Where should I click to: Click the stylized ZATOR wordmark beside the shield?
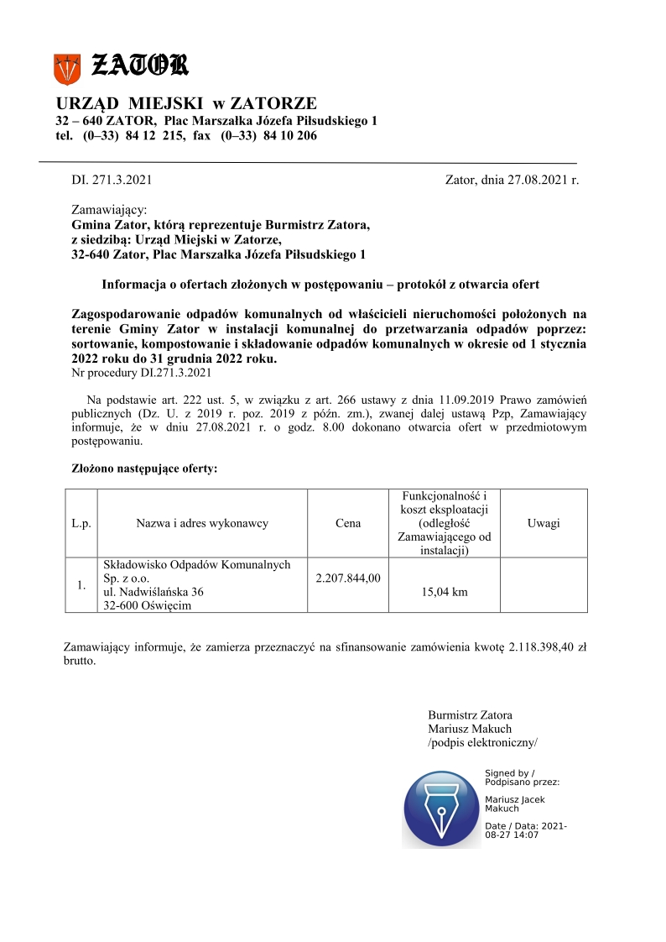(x=139, y=65)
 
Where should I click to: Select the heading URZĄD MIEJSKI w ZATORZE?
(x=186, y=103)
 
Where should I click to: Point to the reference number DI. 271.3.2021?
(x=112, y=180)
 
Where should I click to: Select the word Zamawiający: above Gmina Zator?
(x=110, y=209)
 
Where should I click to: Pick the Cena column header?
(x=348, y=523)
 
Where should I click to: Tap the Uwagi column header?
(x=544, y=523)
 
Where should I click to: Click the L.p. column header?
(x=81, y=523)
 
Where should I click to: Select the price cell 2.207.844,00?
(x=348, y=578)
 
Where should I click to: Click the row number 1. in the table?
(x=81, y=585)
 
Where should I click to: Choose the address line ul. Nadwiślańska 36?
(x=153, y=592)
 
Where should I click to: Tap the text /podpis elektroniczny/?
(x=482, y=742)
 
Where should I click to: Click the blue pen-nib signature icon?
(x=440, y=808)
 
